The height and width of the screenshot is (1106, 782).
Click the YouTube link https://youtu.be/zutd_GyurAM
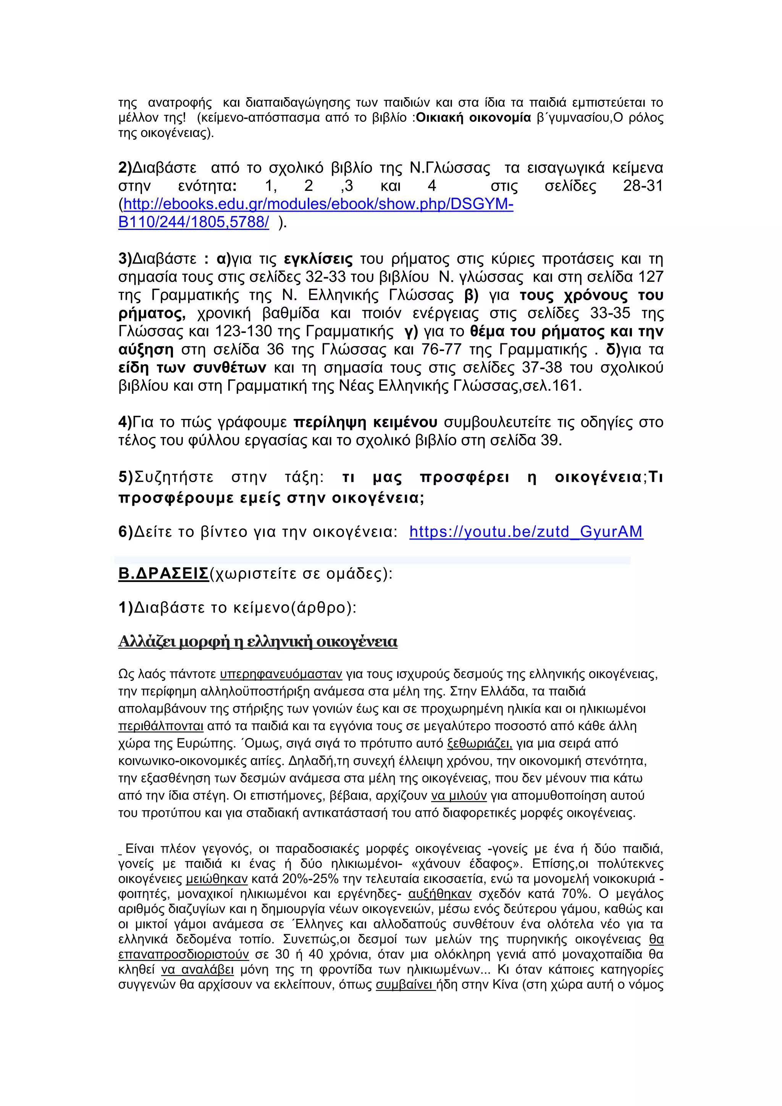click(x=526, y=532)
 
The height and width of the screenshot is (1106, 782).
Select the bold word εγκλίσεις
click(x=318, y=259)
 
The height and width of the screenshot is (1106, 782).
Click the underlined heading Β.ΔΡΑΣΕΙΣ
click(x=163, y=574)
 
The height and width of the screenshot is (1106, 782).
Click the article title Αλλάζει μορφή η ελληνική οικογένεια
click(x=258, y=642)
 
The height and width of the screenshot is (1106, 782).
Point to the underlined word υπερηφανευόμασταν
click(x=281, y=674)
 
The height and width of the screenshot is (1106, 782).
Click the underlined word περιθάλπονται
click(x=161, y=726)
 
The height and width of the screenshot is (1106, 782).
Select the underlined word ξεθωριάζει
click(x=480, y=744)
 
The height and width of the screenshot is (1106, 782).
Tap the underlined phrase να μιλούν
click(x=459, y=796)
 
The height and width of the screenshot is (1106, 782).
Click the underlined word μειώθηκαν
click(x=217, y=879)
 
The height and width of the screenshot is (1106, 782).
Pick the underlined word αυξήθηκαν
click(x=439, y=894)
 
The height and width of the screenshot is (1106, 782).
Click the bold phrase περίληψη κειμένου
click(x=365, y=422)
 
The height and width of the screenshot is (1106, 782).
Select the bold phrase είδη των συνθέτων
click(x=192, y=368)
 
